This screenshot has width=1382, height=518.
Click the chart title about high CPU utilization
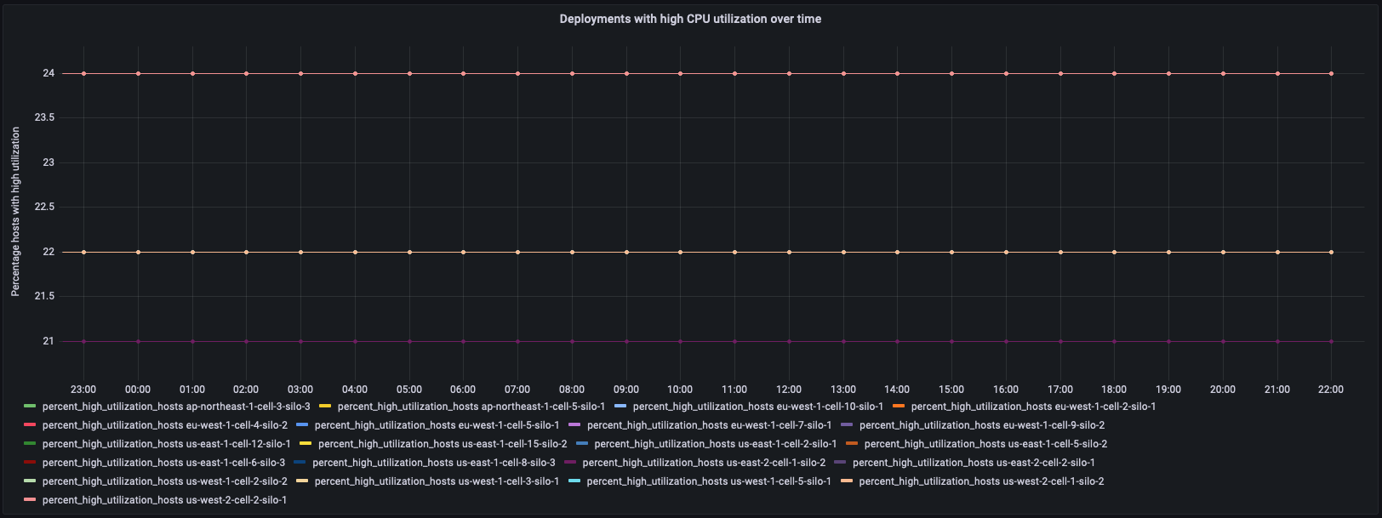pos(690,19)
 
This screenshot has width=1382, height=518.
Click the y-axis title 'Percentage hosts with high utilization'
pos(15,212)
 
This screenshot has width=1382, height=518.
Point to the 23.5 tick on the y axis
pos(44,117)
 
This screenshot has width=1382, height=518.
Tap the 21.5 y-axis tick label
pos(44,296)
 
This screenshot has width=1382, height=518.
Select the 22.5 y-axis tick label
pos(44,207)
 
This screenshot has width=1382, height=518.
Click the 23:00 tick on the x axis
pos(83,390)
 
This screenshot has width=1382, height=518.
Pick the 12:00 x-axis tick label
pos(789,390)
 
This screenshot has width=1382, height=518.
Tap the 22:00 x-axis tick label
pos(1331,390)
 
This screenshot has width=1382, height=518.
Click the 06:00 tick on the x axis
pos(463,390)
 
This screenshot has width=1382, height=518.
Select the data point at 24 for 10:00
pos(680,74)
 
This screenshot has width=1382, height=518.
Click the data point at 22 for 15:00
pos(951,252)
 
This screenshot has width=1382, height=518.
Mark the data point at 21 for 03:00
pos(300,341)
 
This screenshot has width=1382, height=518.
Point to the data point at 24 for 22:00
pos(1331,74)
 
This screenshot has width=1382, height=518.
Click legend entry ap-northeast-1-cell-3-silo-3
pos(175,407)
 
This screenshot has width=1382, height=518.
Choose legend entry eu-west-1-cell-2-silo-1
pos(1033,407)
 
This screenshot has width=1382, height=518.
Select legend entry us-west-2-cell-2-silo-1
pos(164,500)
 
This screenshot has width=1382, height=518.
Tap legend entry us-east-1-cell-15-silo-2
pos(442,444)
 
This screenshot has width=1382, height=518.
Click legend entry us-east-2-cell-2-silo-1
pos(974,463)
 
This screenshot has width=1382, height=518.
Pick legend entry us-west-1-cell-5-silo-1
pos(708,481)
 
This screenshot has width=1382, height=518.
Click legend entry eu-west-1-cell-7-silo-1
pos(709,425)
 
